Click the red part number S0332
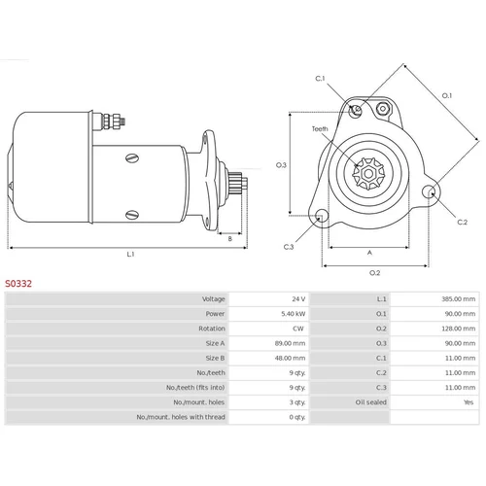click(x=18, y=284)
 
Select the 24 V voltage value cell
click(x=298, y=298)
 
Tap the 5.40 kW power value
click(x=294, y=314)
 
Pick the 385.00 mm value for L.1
click(x=459, y=298)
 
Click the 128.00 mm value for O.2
click(x=459, y=329)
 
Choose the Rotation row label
click(x=212, y=329)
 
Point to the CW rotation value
click(x=298, y=329)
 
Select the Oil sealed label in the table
click(x=371, y=402)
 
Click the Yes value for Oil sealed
click(x=469, y=402)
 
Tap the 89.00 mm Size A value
click(x=290, y=343)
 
